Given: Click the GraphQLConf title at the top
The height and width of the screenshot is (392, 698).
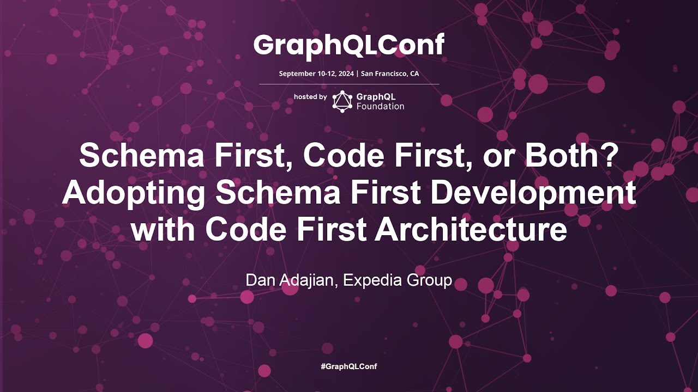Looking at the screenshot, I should pyautogui.click(x=349, y=45).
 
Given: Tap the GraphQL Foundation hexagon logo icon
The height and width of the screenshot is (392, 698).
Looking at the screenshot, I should pyautogui.click(x=342, y=101).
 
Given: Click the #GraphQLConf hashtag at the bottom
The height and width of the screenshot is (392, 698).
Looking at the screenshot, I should pyautogui.click(x=349, y=366).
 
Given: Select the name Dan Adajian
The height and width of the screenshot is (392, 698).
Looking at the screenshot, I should pyautogui.click(x=291, y=280).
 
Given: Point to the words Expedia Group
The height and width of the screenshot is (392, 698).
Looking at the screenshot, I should pyautogui.click(x=398, y=280).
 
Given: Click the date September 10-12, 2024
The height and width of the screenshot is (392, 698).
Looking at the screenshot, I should pyautogui.click(x=316, y=73).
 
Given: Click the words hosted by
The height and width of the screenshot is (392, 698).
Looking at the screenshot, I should pyautogui.click(x=310, y=97).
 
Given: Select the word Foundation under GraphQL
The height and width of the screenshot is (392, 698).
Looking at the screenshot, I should pyautogui.click(x=380, y=106).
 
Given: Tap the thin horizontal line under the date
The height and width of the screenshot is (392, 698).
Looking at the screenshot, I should pyautogui.click(x=349, y=84).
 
